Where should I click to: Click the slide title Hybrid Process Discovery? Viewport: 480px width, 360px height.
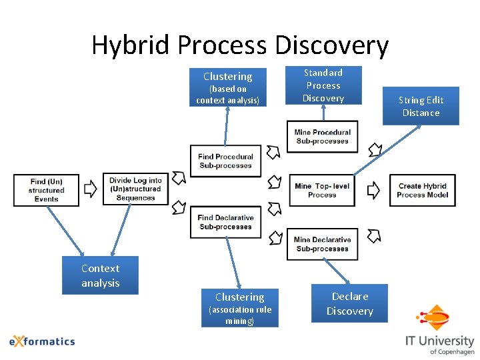tap(239, 45)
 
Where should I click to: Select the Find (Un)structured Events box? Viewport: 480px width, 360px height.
tap(46, 190)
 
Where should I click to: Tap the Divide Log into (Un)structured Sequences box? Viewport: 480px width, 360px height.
tap(135, 189)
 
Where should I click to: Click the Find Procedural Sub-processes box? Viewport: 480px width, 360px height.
tap(225, 161)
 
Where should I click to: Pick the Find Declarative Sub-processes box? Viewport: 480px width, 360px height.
tap(225, 222)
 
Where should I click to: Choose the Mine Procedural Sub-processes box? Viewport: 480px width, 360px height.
tap(322, 137)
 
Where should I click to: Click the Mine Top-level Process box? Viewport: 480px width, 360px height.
tap(322, 191)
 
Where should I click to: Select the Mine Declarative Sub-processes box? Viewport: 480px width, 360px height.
tap(322, 244)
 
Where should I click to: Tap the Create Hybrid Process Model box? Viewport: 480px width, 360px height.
tap(422, 191)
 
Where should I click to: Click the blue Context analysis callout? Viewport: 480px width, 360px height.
tap(100, 275)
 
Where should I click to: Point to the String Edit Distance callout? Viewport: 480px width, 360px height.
tap(421, 106)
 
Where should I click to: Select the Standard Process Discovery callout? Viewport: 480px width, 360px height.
tap(323, 85)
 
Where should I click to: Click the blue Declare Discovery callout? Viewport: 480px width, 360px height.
tap(350, 304)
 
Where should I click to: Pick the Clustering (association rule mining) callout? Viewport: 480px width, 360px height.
tap(239, 308)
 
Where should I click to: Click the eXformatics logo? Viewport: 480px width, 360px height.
tap(42, 341)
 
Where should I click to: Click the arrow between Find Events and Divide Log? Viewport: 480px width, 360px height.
tap(91, 190)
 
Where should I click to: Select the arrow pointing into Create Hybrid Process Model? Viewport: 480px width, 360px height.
tap(375, 191)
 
